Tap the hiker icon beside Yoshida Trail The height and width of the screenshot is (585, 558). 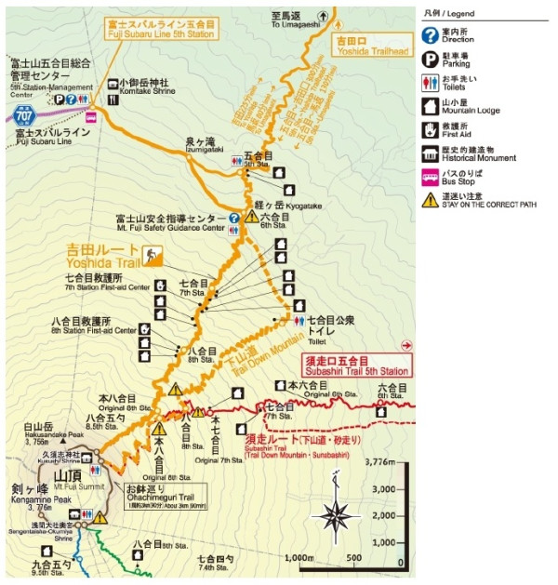coord(152,253)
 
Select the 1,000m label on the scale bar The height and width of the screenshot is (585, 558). coord(298,558)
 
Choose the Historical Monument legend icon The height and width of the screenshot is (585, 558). coord(431,153)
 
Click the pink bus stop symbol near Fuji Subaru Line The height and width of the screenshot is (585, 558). coord(91,117)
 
